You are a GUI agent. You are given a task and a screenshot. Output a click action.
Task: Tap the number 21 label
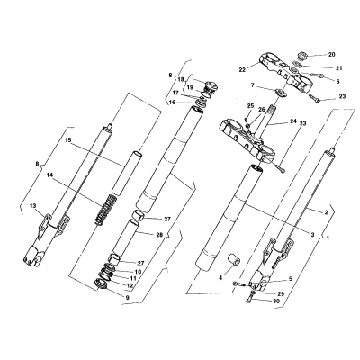(338, 68)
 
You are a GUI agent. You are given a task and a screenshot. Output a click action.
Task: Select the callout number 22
(242, 70)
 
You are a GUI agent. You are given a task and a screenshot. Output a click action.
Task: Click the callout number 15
(68, 140)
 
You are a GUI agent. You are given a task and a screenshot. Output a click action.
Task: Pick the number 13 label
(33, 205)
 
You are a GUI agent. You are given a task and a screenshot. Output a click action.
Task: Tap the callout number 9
(127, 298)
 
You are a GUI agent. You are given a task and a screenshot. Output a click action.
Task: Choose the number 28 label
(159, 235)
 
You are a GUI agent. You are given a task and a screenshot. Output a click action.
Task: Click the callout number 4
(220, 278)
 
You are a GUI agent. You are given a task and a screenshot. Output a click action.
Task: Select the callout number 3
(312, 235)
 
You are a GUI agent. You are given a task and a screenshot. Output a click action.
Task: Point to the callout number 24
(293, 121)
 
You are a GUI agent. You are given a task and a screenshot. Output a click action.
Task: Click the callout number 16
(172, 103)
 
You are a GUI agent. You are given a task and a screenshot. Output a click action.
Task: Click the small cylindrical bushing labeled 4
(234, 259)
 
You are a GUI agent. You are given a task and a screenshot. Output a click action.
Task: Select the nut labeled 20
(301, 56)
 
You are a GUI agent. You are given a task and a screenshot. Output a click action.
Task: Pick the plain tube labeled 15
(126, 174)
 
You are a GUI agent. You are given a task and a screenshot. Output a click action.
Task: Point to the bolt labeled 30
(251, 300)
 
